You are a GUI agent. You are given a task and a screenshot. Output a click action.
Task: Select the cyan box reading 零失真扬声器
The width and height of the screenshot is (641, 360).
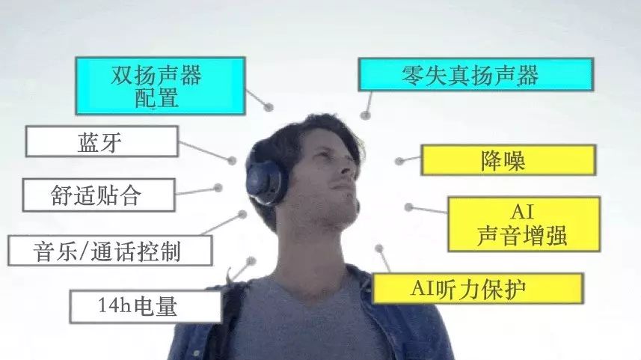pos(476,75)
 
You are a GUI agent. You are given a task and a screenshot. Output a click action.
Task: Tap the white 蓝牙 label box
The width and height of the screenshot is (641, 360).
pos(102,141)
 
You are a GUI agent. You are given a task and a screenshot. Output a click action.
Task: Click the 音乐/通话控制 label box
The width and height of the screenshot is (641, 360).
pos(109,250)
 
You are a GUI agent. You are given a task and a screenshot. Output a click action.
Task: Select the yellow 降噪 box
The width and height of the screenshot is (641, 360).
pos(508,160)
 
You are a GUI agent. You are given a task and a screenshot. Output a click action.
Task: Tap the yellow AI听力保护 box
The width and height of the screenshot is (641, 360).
pos(477,288)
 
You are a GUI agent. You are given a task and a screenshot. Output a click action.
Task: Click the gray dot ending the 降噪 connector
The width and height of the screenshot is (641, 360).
pos(399,161)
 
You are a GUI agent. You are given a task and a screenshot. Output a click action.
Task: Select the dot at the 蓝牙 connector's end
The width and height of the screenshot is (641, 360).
pos(232,159)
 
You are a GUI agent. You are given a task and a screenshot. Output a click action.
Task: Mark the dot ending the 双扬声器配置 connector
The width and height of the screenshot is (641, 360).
pos(269,107)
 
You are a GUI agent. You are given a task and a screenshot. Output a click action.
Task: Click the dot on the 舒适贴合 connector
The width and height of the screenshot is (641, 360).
pos(218,188)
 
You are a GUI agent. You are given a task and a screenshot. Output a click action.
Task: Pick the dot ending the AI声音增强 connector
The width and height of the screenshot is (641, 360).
pos(408,207)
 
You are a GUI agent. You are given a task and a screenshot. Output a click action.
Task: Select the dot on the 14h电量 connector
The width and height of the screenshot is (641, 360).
pos(251,261)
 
